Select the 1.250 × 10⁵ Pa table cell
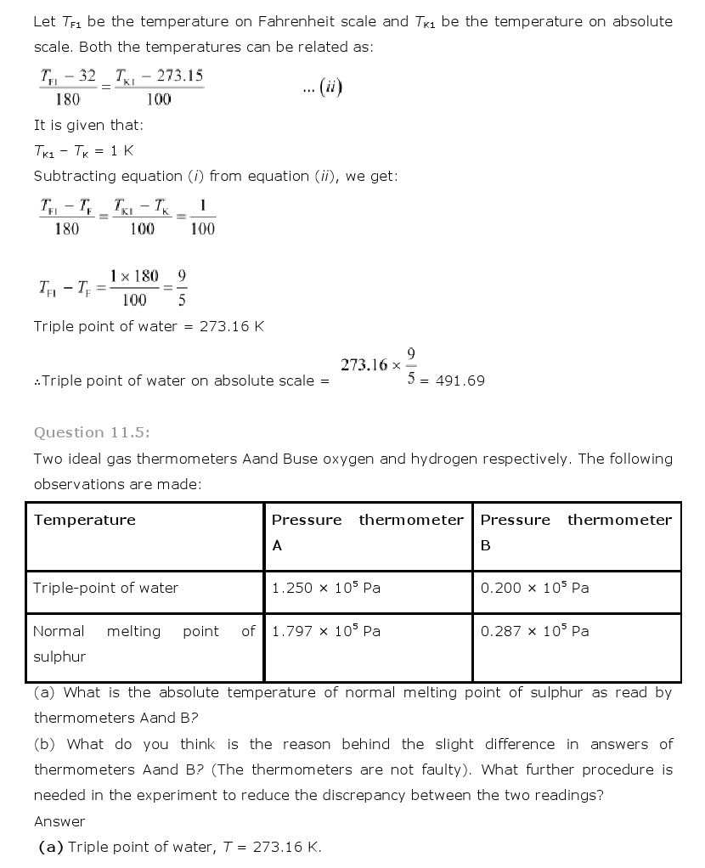(324, 588)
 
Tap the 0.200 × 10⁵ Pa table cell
(534, 588)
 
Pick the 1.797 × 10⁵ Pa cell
(324, 631)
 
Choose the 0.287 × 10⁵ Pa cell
(534, 631)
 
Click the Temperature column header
(84, 520)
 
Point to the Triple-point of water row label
(105, 588)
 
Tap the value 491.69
(460, 380)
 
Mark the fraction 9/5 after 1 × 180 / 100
(182, 288)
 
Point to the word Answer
(59, 821)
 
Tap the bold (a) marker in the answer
(51, 847)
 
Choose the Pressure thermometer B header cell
(576, 532)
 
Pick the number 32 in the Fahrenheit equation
(87, 76)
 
